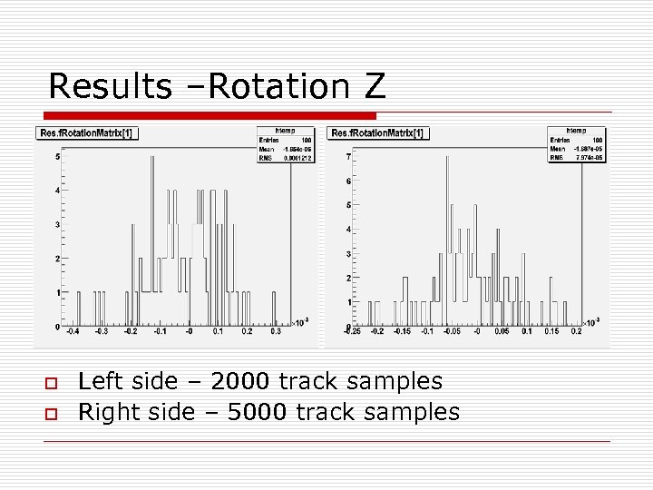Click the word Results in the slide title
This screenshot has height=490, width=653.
click(109, 86)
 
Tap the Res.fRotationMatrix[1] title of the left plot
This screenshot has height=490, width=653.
click(87, 133)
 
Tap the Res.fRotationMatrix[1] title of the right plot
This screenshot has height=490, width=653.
click(379, 133)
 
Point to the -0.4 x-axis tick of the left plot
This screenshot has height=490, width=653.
click(75, 333)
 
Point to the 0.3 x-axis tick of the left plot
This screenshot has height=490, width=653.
click(275, 333)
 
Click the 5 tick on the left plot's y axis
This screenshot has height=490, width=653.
click(58, 157)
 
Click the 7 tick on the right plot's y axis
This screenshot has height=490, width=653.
click(348, 157)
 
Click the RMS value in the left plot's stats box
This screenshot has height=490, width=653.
click(297, 157)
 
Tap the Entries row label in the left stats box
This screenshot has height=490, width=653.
click(269, 140)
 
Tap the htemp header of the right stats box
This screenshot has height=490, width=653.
click(576, 131)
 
